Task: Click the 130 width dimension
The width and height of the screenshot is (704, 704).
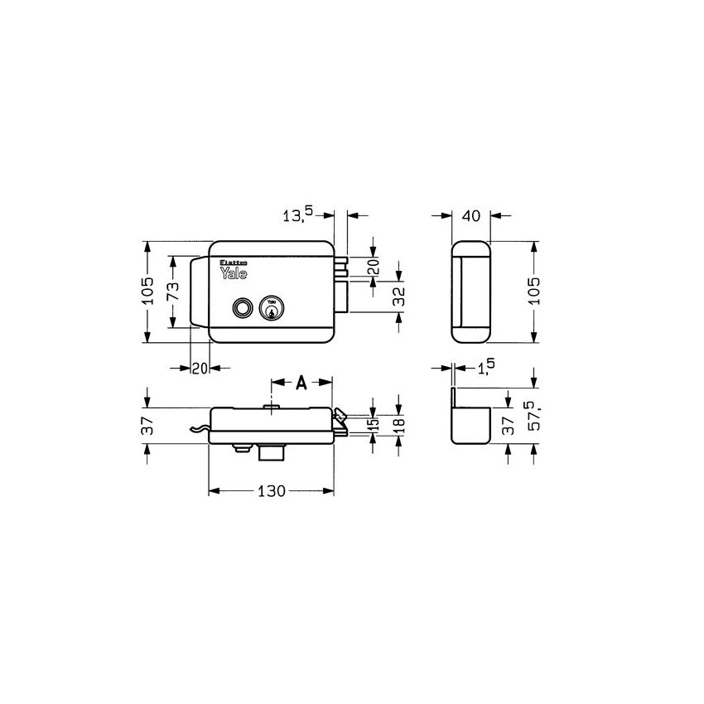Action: tap(270, 491)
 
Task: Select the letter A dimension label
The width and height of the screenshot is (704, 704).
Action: tap(301, 382)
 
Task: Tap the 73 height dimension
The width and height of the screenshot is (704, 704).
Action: tap(172, 292)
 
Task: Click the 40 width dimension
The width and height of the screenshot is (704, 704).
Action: tap(470, 215)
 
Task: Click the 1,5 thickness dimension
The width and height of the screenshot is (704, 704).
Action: tap(486, 367)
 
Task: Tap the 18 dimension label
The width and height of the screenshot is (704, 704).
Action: tap(398, 425)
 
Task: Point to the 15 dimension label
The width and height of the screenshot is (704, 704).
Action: tap(374, 425)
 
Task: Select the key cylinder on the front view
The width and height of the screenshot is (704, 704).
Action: tap(271, 308)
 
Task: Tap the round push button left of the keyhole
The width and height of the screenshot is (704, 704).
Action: tap(242, 307)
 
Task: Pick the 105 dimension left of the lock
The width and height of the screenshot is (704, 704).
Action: tap(147, 292)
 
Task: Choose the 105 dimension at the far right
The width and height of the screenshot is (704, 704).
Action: tap(535, 292)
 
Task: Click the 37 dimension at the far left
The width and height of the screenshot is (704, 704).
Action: tap(147, 426)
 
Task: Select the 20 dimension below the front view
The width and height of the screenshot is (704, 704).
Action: tap(199, 369)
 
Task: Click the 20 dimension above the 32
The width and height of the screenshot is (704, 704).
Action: tap(373, 268)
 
